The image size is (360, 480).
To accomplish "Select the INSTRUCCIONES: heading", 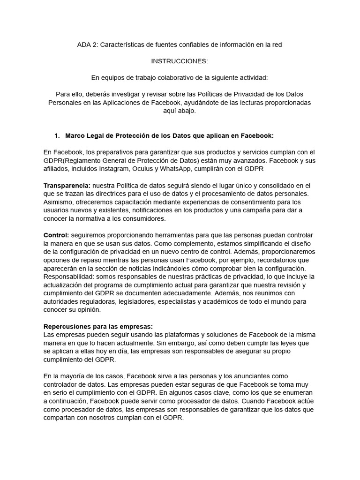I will click(x=180, y=61).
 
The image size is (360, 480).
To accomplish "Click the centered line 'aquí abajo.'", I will click(x=180, y=111).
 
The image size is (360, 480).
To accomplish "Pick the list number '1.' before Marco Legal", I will click(x=57, y=135).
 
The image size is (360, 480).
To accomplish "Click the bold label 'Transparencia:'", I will click(x=67, y=185).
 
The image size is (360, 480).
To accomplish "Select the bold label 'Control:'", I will click(x=56, y=235).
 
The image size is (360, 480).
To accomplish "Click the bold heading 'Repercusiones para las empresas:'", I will click(x=98, y=326).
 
